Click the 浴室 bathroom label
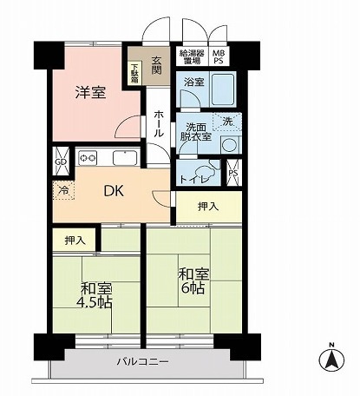tap(193, 82)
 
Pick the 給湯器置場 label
tap(193, 58)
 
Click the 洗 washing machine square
tap(226, 121)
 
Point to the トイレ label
tap(191, 179)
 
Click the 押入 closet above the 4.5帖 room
tap(75, 239)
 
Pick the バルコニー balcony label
tap(143, 360)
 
